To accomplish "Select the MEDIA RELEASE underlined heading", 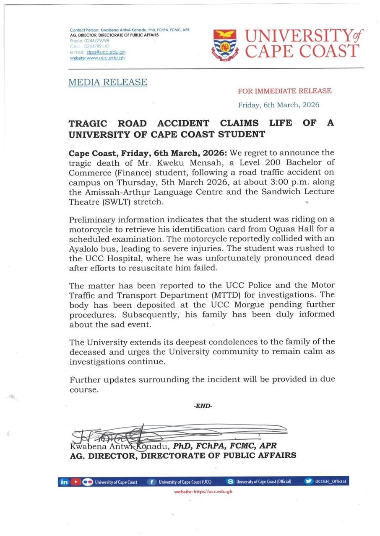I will pos(108,82).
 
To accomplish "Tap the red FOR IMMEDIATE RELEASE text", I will pos(284,91).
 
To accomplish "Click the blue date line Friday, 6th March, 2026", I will pos(278,105).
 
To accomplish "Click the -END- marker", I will pos(203,406).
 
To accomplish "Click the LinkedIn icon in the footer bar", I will pos(64,482).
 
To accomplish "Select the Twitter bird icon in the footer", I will pos(309,482).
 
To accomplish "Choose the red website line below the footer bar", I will pos(203,492).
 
